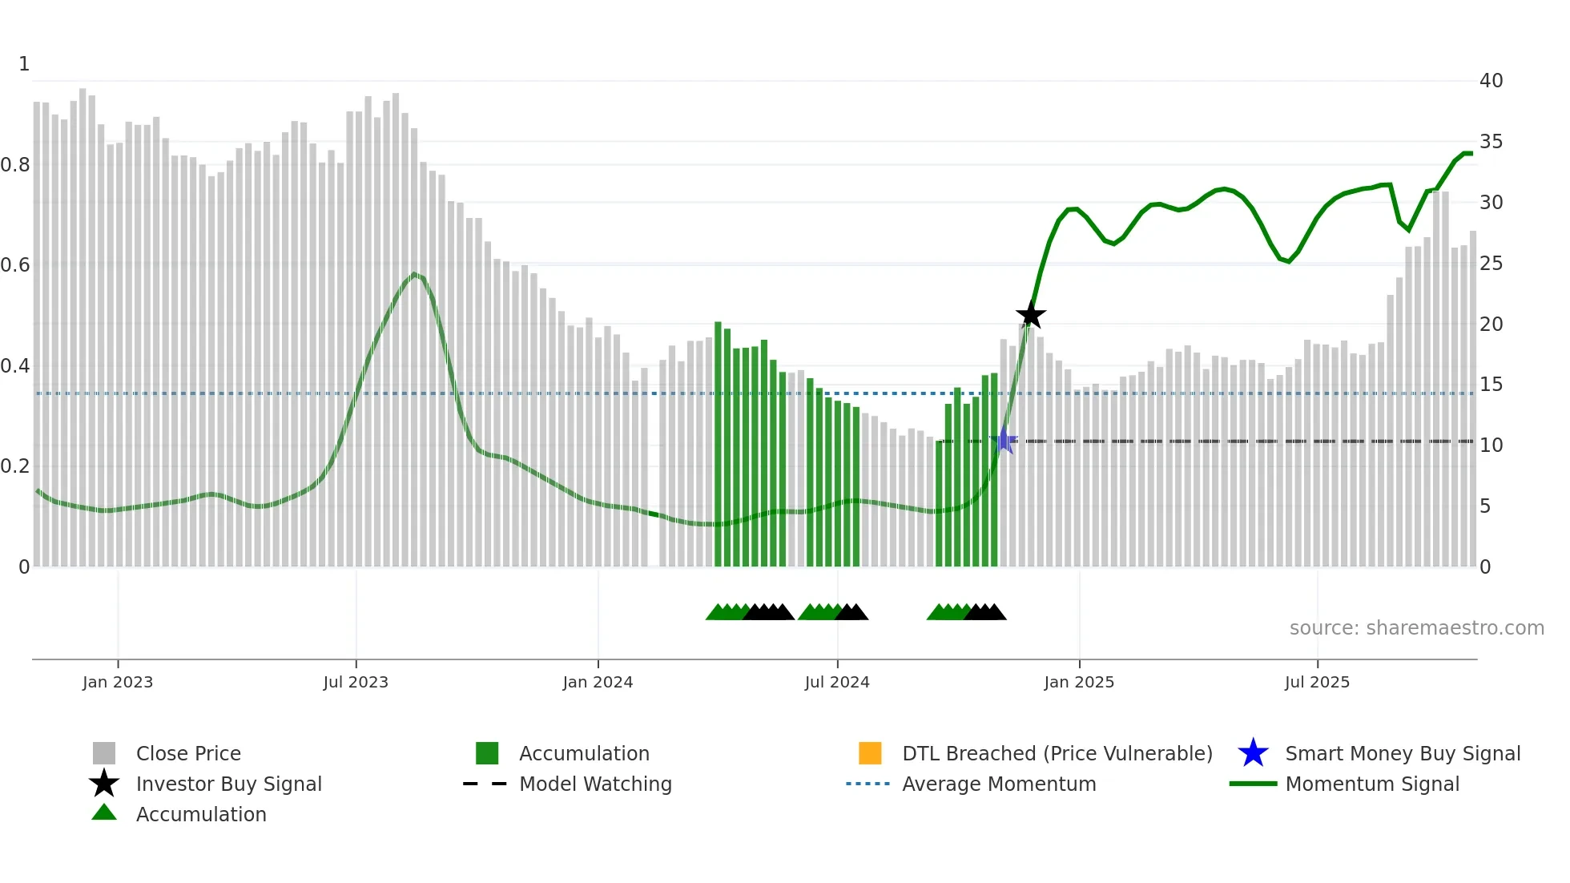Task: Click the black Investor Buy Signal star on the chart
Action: pyautogui.click(x=1031, y=315)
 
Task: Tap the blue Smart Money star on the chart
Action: pyautogui.click(x=1004, y=441)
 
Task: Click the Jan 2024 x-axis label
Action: pyautogui.click(x=598, y=682)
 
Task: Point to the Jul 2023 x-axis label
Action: pyautogui.click(x=356, y=682)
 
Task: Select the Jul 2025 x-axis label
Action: pyautogui.click(x=1317, y=682)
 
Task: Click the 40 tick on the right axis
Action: pyautogui.click(x=1491, y=81)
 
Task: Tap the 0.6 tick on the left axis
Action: pyautogui.click(x=15, y=265)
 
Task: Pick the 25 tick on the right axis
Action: pyautogui.click(x=1491, y=264)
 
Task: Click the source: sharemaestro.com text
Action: pyautogui.click(x=1416, y=628)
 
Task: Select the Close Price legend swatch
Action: pyautogui.click(x=104, y=753)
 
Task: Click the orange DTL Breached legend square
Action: pyautogui.click(x=870, y=753)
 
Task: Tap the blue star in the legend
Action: pyautogui.click(x=1253, y=753)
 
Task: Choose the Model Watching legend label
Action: pyautogui.click(x=595, y=784)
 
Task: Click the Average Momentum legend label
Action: pyautogui.click(x=999, y=784)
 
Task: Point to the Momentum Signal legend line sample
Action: pyautogui.click(x=1253, y=784)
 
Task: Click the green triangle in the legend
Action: pyautogui.click(x=104, y=813)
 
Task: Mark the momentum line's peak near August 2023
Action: pyautogui.click(x=414, y=274)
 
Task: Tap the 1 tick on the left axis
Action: pyautogui.click(x=24, y=64)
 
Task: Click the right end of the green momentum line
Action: pyautogui.click(x=1471, y=153)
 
